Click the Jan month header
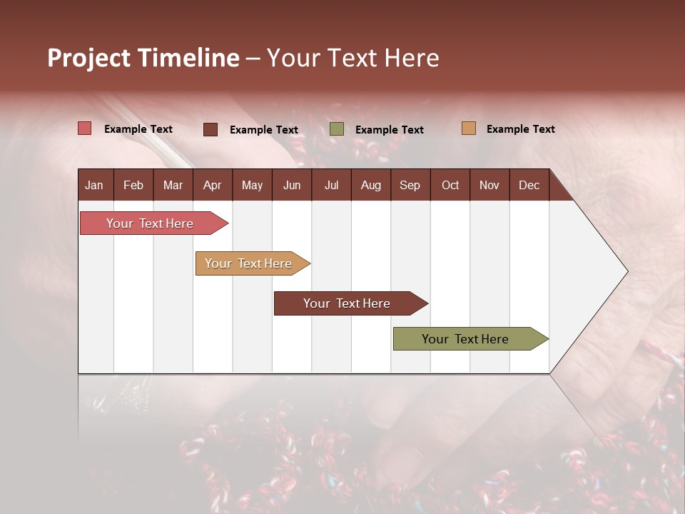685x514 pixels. pos(94,185)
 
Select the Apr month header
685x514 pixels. pos(212,185)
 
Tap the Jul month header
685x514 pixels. pos(331,185)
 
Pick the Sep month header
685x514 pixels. pos(410,185)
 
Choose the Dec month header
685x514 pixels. pos(529,185)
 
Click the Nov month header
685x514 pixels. pos(489,185)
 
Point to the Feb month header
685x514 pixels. pos(133,185)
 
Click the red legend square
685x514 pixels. pos(85,128)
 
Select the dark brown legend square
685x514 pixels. pos(210,129)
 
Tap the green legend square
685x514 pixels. pos(337,129)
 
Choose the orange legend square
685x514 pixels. pos(469,128)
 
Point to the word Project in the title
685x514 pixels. pos(88,58)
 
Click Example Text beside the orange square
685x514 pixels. pos(520,129)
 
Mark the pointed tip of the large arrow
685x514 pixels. pos(626,271)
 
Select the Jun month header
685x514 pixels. pos(292,185)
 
